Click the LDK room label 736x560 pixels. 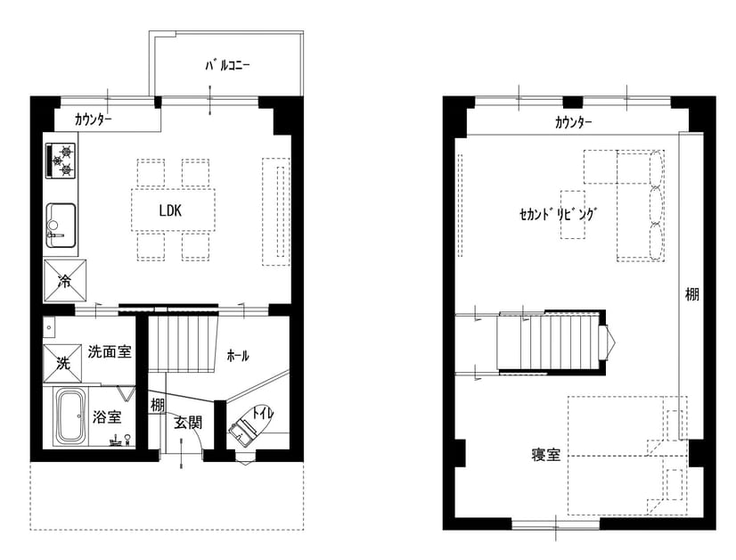(x=170, y=210)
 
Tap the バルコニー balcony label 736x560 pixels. (x=227, y=65)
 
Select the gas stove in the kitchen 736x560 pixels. (x=61, y=161)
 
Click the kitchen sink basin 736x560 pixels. (x=61, y=225)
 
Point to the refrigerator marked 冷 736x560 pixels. (x=65, y=281)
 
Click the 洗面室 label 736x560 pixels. (x=110, y=351)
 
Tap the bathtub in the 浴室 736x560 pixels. (x=71, y=417)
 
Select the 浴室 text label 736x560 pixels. (x=107, y=416)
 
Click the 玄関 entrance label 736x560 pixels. (x=188, y=423)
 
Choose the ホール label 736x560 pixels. (x=238, y=356)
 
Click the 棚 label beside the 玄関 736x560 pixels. (x=157, y=405)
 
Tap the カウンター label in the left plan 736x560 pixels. (x=93, y=119)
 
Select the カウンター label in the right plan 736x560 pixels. (x=573, y=123)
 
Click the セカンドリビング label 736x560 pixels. (x=558, y=214)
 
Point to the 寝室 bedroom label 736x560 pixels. (x=546, y=455)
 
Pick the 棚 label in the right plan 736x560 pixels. (x=691, y=294)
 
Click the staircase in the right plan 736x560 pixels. (x=549, y=342)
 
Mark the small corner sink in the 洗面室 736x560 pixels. (x=49, y=326)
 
